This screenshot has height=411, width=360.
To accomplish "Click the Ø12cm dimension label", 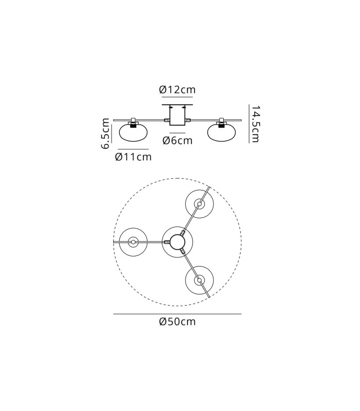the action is click(177, 89).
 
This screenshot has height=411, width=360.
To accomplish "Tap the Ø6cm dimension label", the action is click(177, 140).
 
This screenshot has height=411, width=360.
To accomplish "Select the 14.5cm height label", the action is click(255, 124).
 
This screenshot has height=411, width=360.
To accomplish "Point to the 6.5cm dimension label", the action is click(105, 134).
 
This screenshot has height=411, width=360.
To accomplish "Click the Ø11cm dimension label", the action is click(133, 157).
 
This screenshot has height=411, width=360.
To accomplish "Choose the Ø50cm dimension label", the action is click(177, 322).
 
